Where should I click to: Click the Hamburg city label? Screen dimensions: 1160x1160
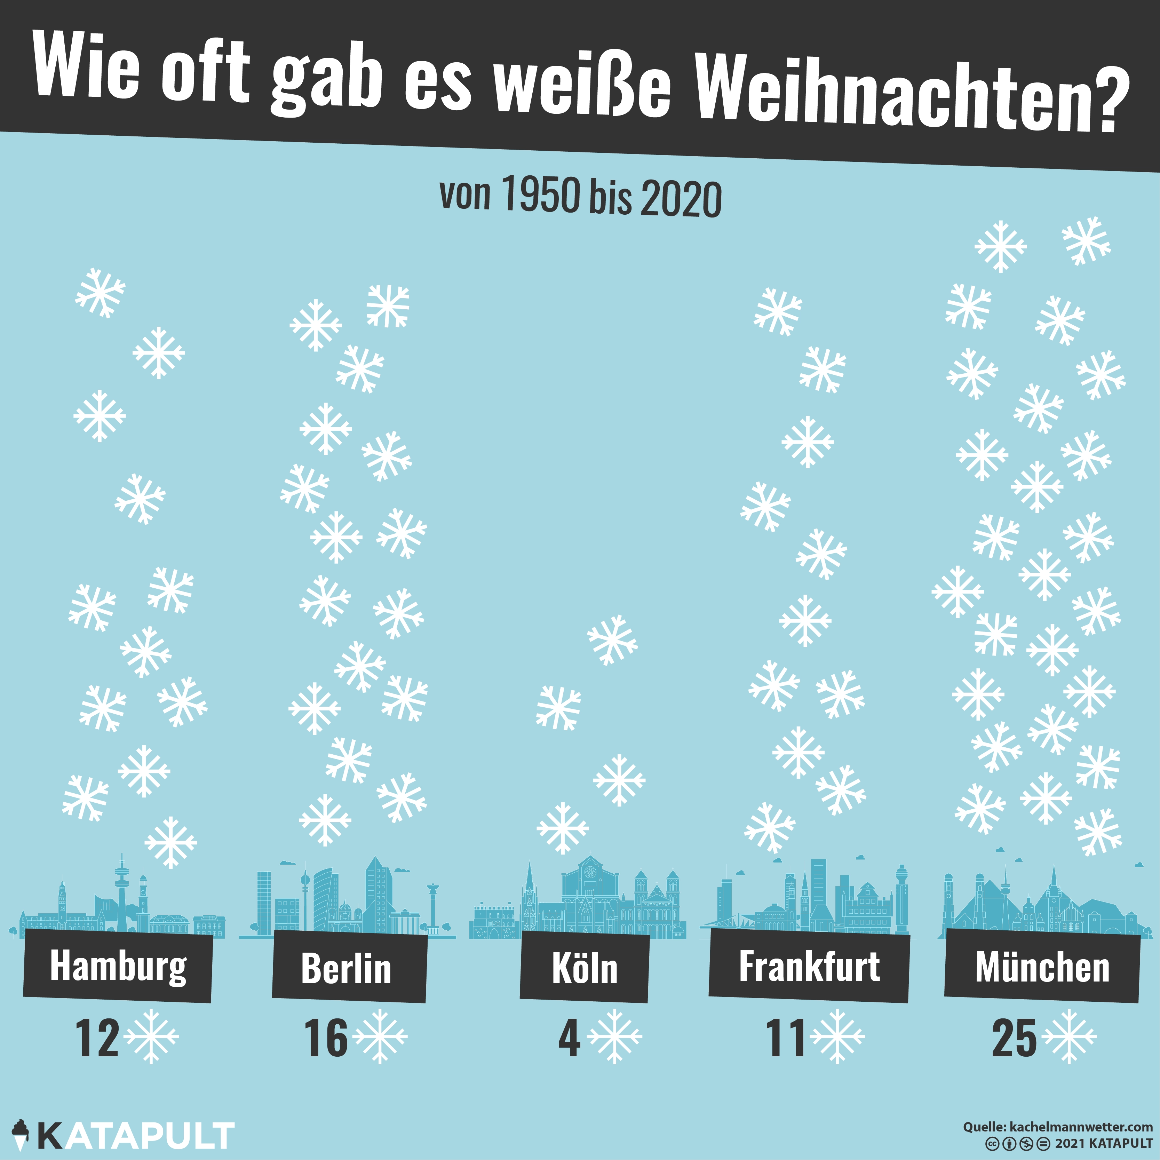pyautogui.click(x=118, y=966)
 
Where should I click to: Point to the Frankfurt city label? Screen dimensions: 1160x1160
pyautogui.click(x=809, y=966)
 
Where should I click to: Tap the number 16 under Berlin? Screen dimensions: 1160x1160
pyautogui.click(x=326, y=1039)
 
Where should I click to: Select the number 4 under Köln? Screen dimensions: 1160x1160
pyautogui.click(x=569, y=1039)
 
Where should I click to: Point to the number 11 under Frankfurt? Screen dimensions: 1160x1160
pyautogui.click(x=785, y=1039)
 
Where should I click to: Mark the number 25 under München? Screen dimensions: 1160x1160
pyautogui.click(x=1014, y=1039)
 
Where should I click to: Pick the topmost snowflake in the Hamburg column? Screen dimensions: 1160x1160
pyautogui.click(x=100, y=293)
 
